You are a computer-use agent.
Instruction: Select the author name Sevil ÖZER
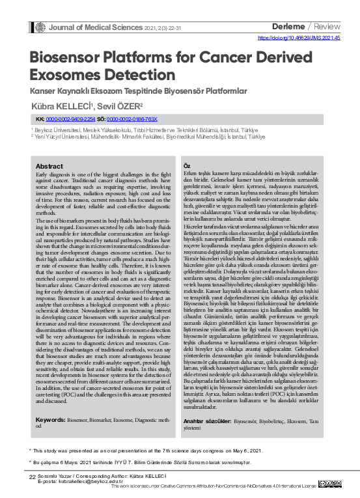click(120, 105)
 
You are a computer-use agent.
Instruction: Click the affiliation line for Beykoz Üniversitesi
click(137, 130)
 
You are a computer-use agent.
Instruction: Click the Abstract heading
click(49, 166)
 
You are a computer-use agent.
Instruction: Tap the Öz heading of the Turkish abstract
click(187, 166)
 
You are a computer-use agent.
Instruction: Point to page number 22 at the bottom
click(32, 477)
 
